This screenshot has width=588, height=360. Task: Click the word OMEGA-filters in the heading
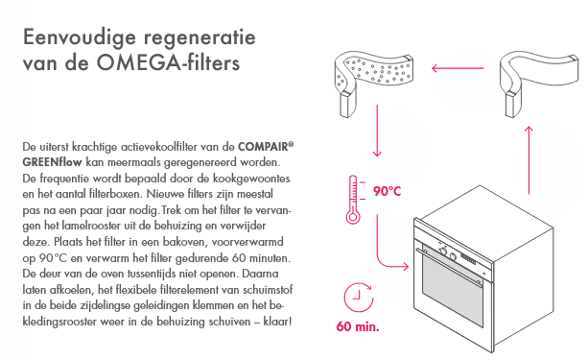coord(169,62)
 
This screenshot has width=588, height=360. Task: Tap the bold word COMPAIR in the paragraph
coord(263,147)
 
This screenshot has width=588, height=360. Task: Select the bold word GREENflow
coord(52,162)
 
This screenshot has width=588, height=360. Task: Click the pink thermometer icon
coord(353,200)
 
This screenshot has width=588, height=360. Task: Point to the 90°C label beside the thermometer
coord(387,191)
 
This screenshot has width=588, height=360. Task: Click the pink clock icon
coord(359,298)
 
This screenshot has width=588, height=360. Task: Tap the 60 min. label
coord(358,326)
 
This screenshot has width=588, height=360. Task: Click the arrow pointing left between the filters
coord(458,68)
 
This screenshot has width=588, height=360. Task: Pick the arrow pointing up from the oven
coord(529,160)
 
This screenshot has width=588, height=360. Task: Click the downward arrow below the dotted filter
coord(377,131)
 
